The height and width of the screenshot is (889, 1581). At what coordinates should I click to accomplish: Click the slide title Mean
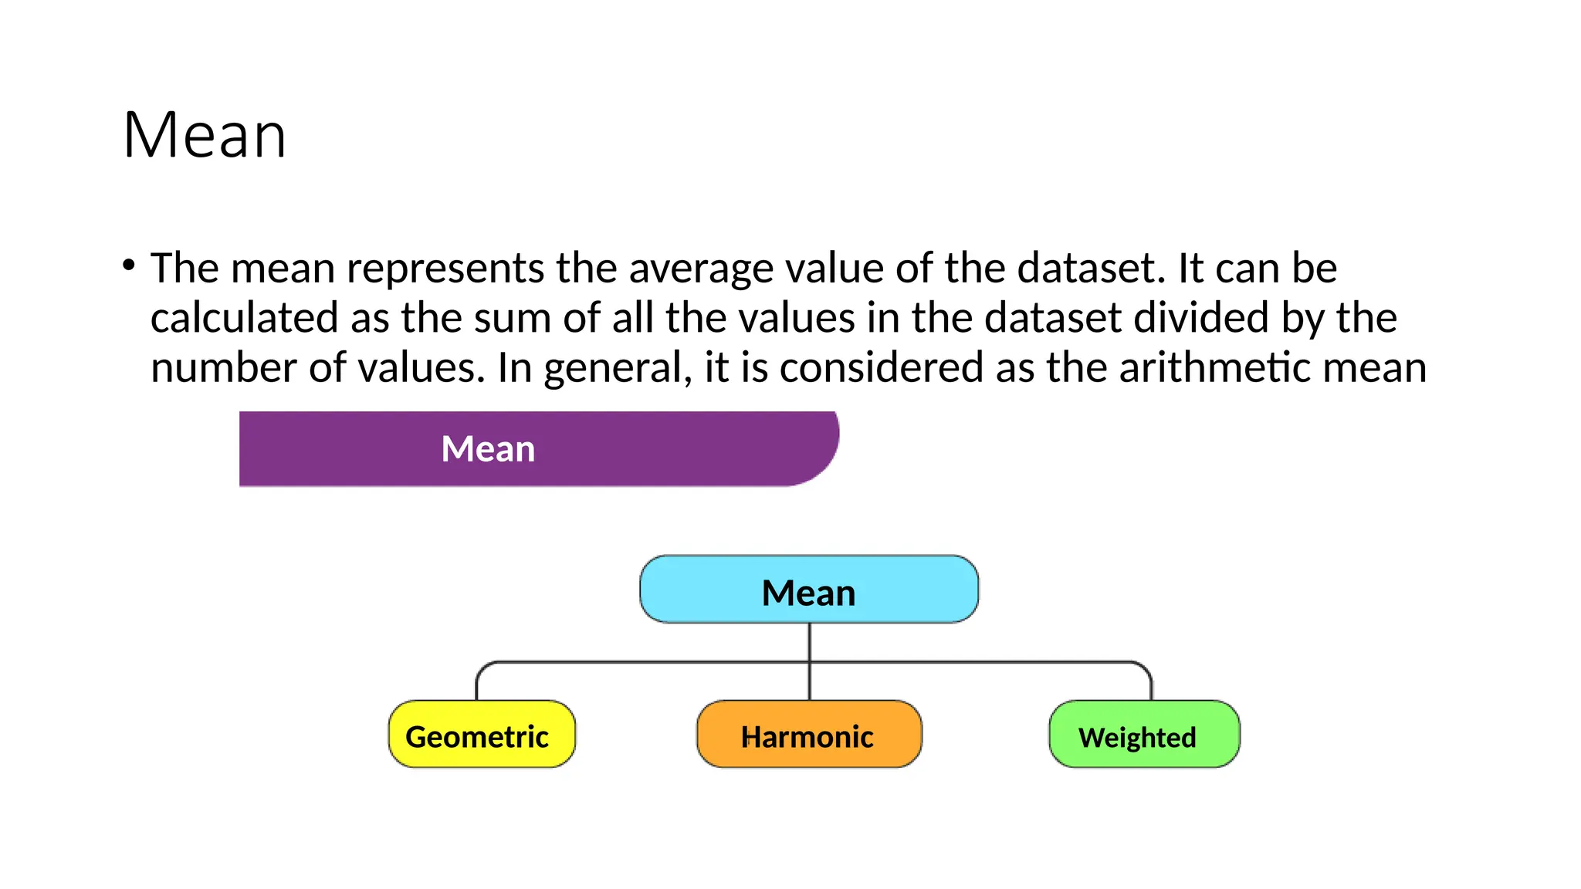[x=205, y=136]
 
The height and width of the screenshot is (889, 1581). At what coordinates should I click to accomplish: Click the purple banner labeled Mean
[x=538, y=448]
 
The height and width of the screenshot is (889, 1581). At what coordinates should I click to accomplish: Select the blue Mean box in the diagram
[x=809, y=590]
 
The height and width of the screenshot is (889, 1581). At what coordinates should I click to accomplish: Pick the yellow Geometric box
[x=482, y=735]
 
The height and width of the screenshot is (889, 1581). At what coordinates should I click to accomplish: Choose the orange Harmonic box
[x=809, y=735]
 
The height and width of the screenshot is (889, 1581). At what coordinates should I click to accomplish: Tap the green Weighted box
[x=1144, y=735]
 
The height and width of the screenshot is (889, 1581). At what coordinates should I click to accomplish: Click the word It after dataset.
[x=1190, y=269]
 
